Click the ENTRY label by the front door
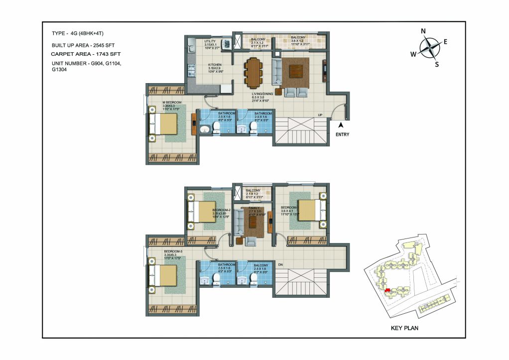point(342,134)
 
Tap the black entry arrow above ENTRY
point(342,125)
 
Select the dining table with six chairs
point(254,71)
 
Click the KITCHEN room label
point(215,65)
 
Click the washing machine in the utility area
point(227,44)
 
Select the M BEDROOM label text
point(172,102)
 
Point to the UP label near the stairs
point(321,116)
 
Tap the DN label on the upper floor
point(280,265)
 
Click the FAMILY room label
point(254,208)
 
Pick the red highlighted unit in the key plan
point(386,289)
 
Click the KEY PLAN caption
point(404,328)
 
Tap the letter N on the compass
point(423,31)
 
